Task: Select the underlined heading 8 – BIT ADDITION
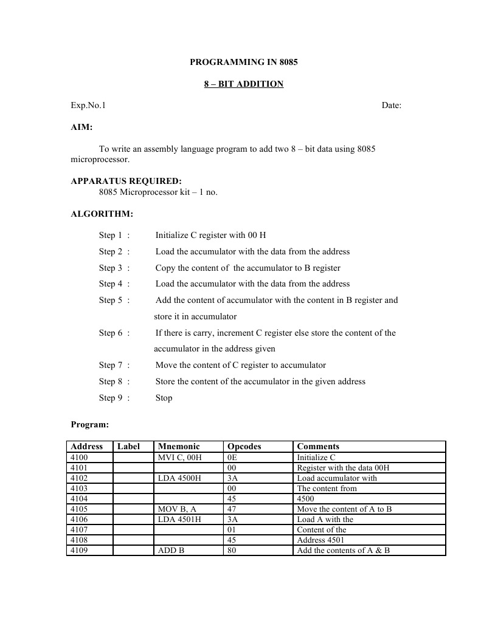243,84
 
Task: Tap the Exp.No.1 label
88,105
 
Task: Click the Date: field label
391,105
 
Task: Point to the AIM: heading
81,127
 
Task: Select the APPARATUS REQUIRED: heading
126,181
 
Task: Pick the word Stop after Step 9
164,398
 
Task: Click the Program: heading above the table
89,424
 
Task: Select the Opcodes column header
244,446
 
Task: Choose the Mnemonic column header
178,446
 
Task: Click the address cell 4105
79,509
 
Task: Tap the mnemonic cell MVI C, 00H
178,457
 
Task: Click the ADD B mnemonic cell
171,550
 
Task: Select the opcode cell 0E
232,457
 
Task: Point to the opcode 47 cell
232,509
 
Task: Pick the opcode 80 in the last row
232,550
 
